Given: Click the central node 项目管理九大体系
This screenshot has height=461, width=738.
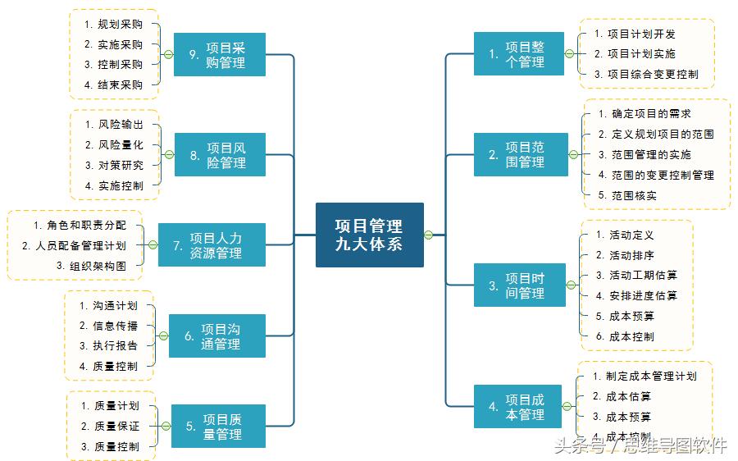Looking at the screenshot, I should [369, 235].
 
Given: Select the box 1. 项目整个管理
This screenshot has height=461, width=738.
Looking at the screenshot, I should [519, 54].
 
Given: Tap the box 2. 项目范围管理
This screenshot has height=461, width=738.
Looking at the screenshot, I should [519, 154].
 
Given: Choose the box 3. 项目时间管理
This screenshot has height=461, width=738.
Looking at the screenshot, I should [519, 285].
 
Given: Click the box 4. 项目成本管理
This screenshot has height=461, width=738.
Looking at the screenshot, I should [519, 407].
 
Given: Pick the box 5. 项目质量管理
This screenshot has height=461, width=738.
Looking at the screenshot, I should [218, 426].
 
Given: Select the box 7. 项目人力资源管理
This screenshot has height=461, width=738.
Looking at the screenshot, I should [212, 245].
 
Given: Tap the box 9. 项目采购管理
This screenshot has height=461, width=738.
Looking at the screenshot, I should [220, 54].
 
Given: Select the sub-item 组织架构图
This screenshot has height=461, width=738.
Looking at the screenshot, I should [92, 266].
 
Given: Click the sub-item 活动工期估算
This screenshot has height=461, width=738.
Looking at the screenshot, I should [636, 276].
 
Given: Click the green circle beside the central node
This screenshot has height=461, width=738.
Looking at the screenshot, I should [429, 235].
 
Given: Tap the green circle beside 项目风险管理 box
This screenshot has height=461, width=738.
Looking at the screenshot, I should [169, 154].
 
